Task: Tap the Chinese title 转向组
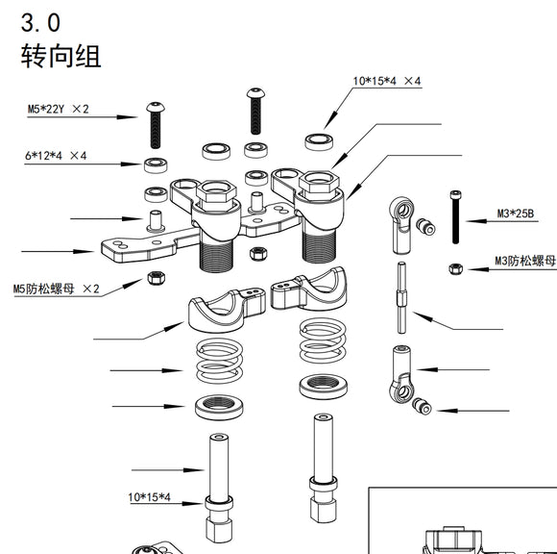coord(61,55)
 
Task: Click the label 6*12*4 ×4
coord(56,155)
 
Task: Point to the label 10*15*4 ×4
coord(387,82)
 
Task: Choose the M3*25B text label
coord(516,213)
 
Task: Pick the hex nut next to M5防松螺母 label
coord(153,279)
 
